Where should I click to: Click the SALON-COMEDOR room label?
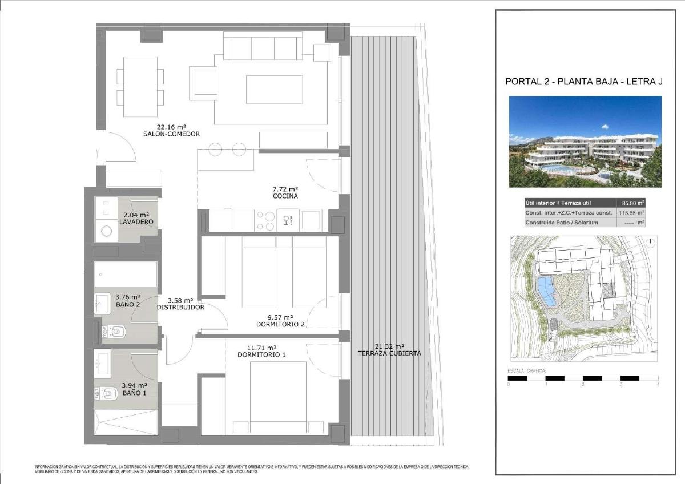[x=172, y=134]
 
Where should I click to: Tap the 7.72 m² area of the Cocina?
[x=285, y=188]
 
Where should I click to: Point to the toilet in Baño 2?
[x=117, y=330]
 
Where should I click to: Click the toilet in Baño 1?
[x=110, y=394]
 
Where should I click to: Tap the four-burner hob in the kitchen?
[x=264, y=221]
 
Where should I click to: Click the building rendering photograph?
[x=585, y=141]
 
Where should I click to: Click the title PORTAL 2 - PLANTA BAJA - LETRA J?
[x=584, y=82]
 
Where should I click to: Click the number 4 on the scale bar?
[x=658, y=385]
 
